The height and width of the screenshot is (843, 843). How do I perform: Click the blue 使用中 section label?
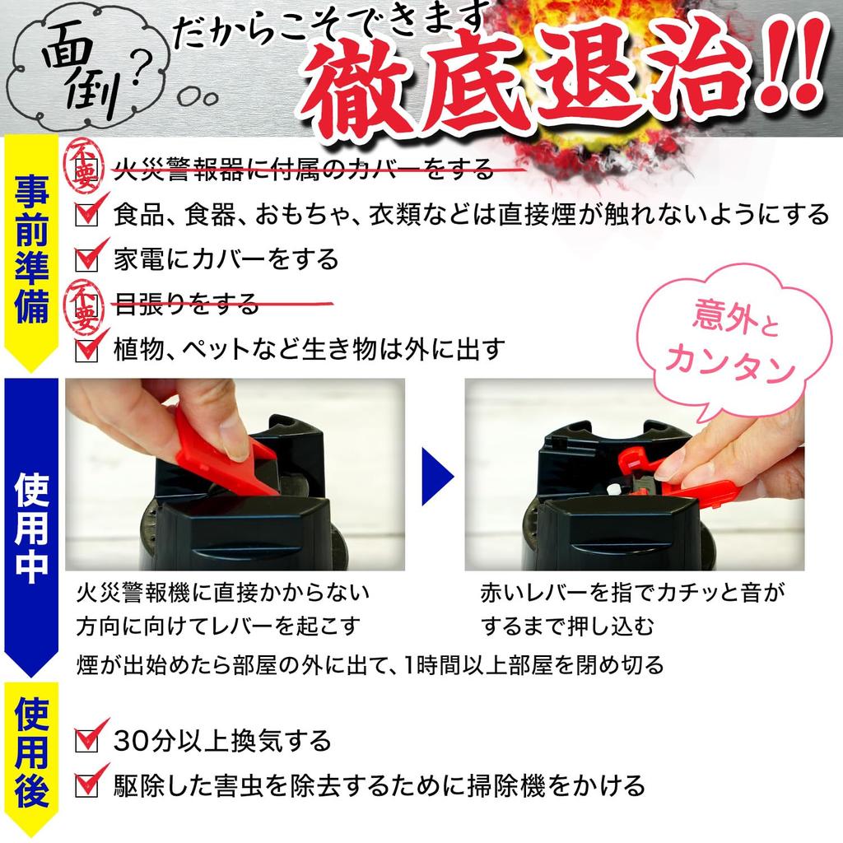[31, 527]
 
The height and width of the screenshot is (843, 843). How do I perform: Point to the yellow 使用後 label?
[31, 753]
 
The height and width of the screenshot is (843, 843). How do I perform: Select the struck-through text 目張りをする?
[186, 305]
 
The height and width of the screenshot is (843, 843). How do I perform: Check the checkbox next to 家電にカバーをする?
[86, 260]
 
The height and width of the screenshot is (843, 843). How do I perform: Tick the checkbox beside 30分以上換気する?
[86, 741]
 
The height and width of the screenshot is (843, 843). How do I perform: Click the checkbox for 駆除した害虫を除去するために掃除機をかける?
[86, 786]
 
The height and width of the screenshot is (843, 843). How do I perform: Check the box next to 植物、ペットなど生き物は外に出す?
[86, 350]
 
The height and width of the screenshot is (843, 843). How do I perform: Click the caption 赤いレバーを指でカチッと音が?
[633, 592]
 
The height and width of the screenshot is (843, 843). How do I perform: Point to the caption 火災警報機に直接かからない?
[222, 592]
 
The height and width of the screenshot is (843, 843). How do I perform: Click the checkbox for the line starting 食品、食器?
[86, 215]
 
